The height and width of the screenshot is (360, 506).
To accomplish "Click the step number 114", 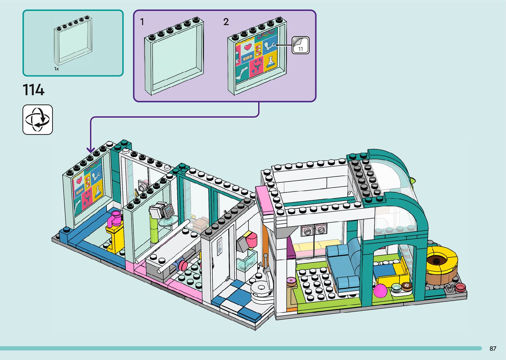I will tap(33, 90).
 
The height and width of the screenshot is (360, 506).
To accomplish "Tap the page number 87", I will tap(493, 348).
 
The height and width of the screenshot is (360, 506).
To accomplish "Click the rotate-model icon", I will tap(38, 120).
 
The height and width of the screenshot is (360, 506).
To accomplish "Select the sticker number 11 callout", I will tap(300, 45).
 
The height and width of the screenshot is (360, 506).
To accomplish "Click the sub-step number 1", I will tap(142, 22).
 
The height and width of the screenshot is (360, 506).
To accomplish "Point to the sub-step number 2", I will tap(226, 22).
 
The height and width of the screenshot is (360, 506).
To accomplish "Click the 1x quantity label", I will tap(57, 69).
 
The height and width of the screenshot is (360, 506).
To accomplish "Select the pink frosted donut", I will tap(292, 281).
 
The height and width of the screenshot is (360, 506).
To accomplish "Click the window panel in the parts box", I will tap(73, 41).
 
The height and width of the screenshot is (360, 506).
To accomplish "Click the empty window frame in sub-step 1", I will tap(174, 61).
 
